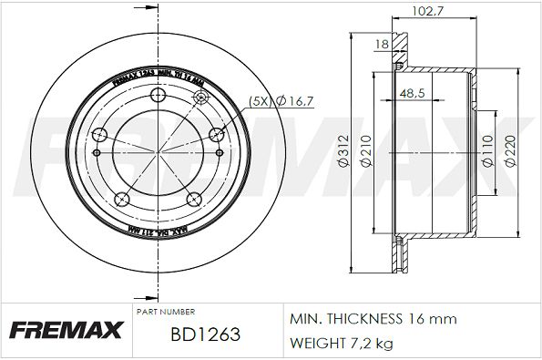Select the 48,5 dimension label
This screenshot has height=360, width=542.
point(421,93)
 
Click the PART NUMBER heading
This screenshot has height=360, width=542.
point(165,312)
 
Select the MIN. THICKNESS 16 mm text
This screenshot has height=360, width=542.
point(373,319)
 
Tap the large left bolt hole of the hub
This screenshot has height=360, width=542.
point(99,136)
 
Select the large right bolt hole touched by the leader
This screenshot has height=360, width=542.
point(217,136)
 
